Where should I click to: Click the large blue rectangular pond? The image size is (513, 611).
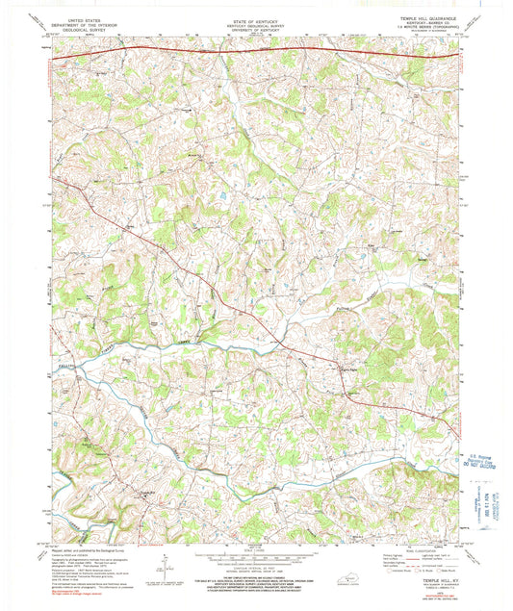(223, 195)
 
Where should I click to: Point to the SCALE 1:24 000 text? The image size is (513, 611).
(254, 549)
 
